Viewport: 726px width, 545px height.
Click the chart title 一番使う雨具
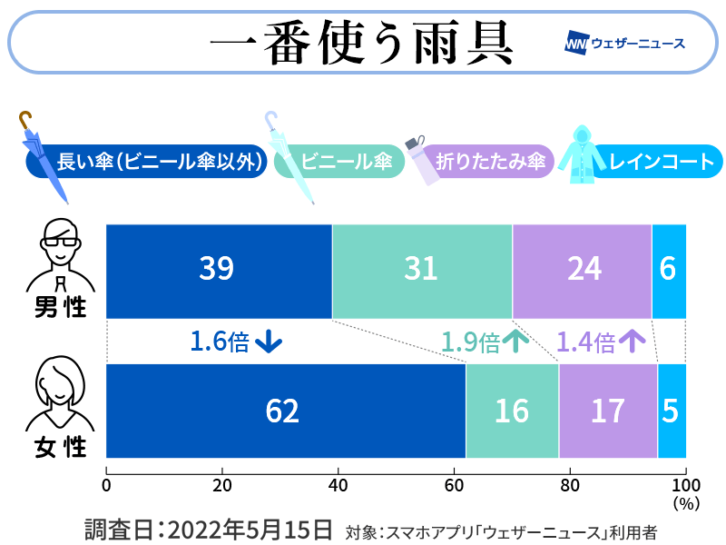pyautogui.click(x=361, y=42)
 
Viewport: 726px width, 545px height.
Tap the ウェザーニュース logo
pyautogui.click(x=624, y=43)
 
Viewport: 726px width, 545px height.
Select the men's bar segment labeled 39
pyautogui.click(x=219, y=270)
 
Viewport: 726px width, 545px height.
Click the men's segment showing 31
pyautogui.click(x=422, y=270)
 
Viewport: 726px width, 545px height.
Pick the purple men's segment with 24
pyautogui.click(x=582, y=270)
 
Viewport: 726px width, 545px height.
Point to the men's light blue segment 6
pyautogui.click(x=669, y=270)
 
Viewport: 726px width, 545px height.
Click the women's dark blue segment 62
pyautogui.click(x=285, y=411)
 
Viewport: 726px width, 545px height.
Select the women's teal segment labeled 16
pyautogui.click(x=512, y=411)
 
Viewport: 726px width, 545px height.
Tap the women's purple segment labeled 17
pyautogui.click(x=608, y=411)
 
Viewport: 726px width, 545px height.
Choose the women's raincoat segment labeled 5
pyautogui.click(x=672, y=411)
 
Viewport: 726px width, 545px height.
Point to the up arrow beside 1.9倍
pyautogui.click(x=515, y=342)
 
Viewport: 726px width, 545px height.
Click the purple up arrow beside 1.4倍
pyautogui.click(x=633, y=342)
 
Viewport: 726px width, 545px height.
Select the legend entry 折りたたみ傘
pyautogui.click(x=490, y=163)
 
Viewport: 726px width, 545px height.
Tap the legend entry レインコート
pyautogui.click(x=661, y=163)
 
